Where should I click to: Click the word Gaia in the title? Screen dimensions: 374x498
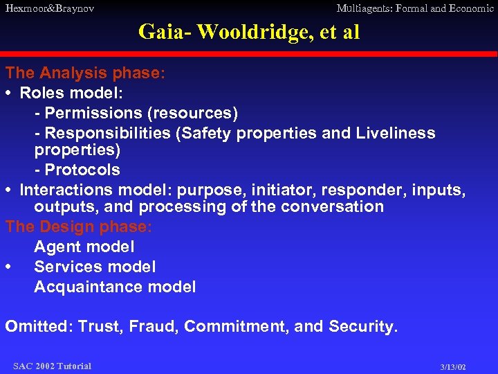[158, 32]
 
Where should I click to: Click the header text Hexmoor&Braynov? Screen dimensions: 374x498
[50, 9]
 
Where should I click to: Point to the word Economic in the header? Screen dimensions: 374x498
[470, 9]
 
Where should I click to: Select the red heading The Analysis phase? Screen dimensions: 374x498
[85, 73]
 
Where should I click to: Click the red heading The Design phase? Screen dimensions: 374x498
[79, 226]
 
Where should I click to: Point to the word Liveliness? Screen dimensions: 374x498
[396, 133]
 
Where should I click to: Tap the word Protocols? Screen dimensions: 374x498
[82, 170]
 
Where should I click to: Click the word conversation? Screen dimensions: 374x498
[332, 206]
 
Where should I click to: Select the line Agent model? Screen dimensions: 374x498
[84, 247]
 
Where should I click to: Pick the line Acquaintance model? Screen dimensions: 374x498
[115, 287]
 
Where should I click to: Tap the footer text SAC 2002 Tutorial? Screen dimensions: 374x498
[52, 366]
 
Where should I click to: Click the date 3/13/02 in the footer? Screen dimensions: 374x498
[453, 366]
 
